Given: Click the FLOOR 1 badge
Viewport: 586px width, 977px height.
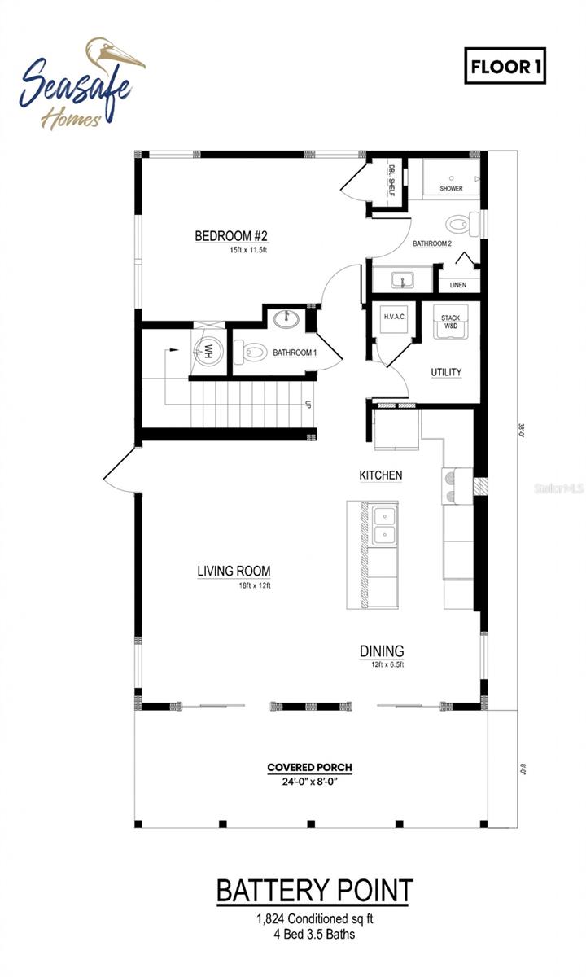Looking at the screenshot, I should pos(504,68).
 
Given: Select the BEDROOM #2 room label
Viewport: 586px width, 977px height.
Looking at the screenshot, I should pos(231,236).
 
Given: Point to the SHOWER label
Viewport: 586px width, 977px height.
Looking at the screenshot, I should pos(451,189).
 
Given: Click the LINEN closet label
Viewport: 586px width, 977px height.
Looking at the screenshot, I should pos(457,285).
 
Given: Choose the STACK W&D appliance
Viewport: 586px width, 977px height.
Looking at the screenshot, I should pos(451,323).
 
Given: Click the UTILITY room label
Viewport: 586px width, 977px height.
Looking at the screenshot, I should pos(446,372).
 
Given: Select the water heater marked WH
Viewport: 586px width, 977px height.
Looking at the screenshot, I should pos(208,351).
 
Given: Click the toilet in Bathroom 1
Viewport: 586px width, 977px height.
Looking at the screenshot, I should pos(251,353).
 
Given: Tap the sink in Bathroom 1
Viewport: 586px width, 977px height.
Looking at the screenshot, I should pos(286,318).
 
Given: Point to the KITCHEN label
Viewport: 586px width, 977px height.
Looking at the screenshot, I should pos(381,475).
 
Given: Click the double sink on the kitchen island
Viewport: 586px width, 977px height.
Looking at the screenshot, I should pos(384,524).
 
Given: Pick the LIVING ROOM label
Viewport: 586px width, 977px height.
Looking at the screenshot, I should pos(234,572).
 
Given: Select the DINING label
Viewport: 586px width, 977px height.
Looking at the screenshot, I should pos(382,651).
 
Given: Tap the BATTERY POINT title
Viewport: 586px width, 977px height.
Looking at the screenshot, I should pos(314,891).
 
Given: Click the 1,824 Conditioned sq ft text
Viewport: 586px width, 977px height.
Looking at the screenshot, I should pos(313,919).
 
